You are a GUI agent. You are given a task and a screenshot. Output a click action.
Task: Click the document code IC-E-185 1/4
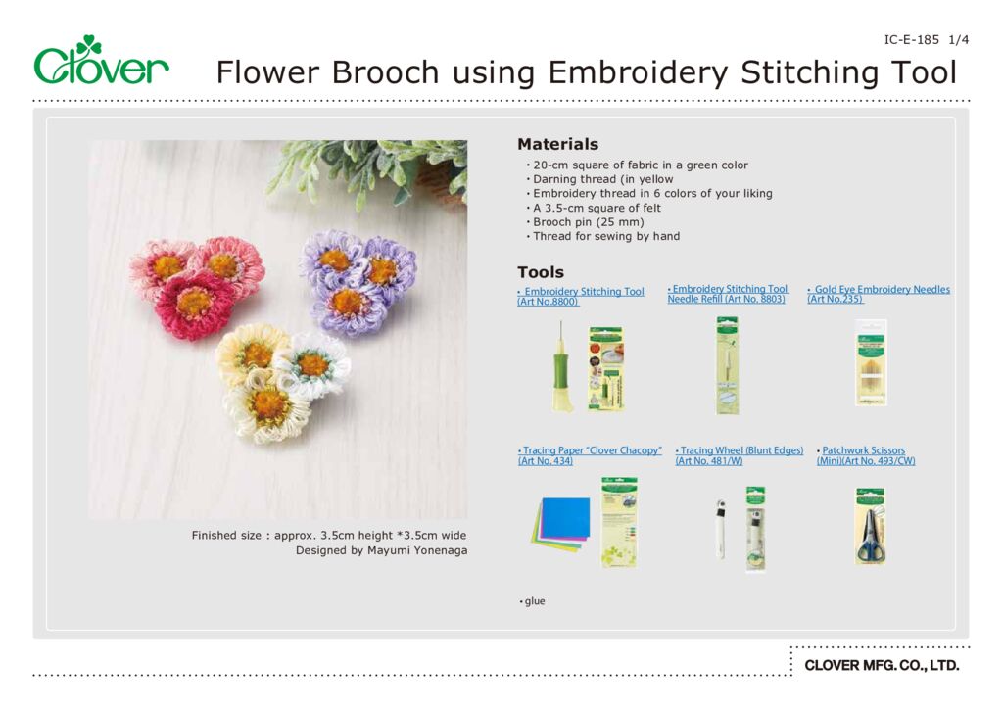tap(926, 40)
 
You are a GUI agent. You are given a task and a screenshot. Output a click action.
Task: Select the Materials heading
tap(557, 144)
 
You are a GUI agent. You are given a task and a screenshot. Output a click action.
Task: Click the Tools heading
tap(541, 272)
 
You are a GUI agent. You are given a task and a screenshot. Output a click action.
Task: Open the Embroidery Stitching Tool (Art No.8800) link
tap(580, 297)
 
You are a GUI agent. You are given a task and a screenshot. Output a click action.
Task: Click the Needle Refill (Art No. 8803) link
tap(727, 294)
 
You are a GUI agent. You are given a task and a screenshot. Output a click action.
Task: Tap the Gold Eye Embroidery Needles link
tap(878, 294)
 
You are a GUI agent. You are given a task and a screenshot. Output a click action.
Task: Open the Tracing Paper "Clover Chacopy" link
tap(590, 455)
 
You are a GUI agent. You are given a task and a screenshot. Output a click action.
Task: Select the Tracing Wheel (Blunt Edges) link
tap(739, 455)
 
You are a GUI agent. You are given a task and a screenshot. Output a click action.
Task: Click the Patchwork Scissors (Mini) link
tap(865, 455)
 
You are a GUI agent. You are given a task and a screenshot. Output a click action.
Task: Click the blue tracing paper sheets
tap(562, 519)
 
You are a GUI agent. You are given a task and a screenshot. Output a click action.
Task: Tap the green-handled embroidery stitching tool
tap(563, 367)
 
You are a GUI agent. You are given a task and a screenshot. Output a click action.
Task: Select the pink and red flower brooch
tap(196, 284)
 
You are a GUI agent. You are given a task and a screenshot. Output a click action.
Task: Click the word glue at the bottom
tap(533, 601)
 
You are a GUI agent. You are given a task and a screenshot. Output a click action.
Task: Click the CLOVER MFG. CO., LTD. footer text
tap(882, 666)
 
